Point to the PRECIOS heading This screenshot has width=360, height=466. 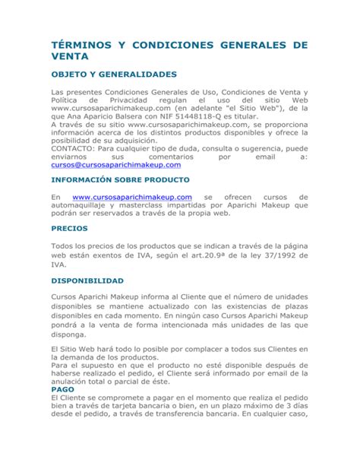tap(69, 228)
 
